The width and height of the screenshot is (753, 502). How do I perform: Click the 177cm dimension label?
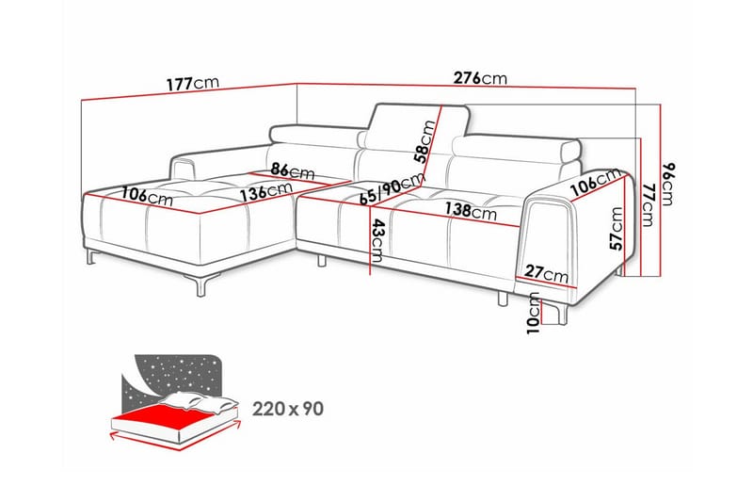click(193, 84)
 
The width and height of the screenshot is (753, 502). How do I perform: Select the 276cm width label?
click(480, 78)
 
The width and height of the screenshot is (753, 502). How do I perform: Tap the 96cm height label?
click(668, 183)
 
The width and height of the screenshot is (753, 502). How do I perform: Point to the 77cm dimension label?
click(648, 204)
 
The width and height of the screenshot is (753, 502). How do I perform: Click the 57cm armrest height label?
click(617, 229)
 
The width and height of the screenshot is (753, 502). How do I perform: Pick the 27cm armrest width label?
click(546, 273)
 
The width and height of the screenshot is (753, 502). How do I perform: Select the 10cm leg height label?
click(533, 313)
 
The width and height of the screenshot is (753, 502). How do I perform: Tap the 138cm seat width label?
click(471, 210)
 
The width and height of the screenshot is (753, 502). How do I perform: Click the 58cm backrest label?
click(425, 142)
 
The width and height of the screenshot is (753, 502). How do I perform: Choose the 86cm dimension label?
click(293, 170)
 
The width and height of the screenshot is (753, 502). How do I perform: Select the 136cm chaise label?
click(266, 192)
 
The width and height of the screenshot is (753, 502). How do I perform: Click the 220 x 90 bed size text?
click(288, 409)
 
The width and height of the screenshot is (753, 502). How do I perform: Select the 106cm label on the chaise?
click(147, 196)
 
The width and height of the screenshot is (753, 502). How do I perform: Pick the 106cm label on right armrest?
click(596, 181)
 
